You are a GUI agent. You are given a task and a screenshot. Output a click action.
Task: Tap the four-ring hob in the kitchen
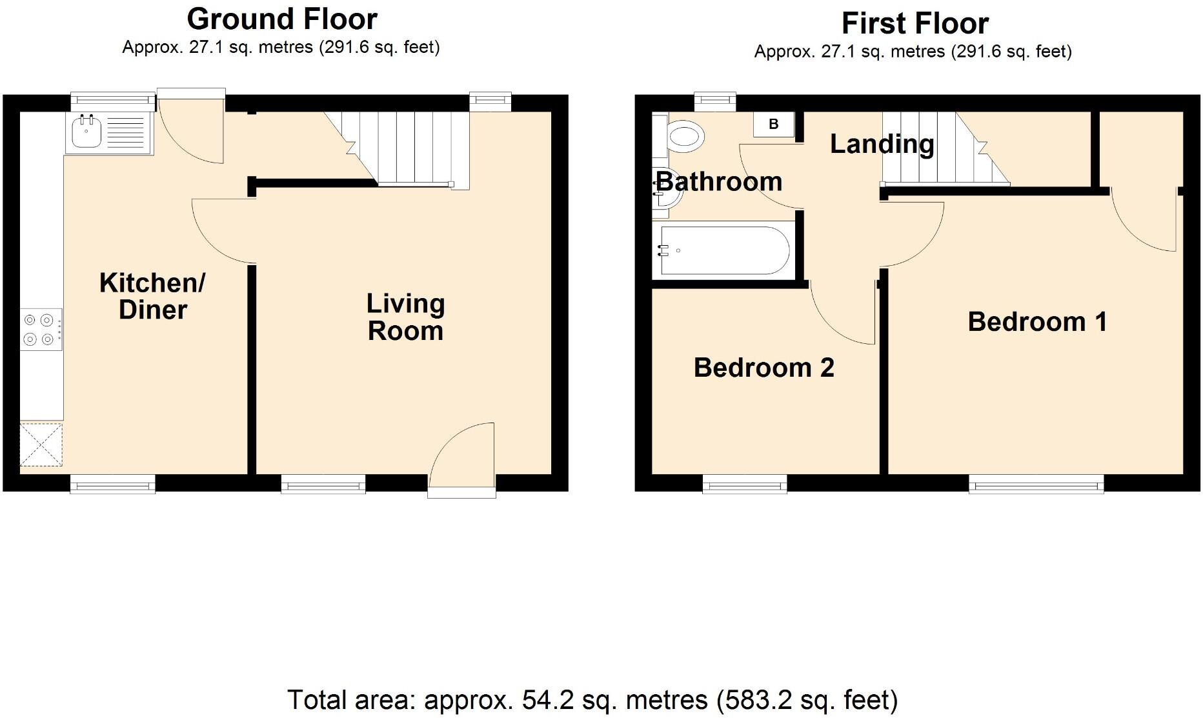pos(41,329)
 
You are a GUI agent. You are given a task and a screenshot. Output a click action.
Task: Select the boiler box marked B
pos(773,124)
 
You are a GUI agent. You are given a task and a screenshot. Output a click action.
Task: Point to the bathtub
pos(722,250)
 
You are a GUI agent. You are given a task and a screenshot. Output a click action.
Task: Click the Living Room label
pos(405,317)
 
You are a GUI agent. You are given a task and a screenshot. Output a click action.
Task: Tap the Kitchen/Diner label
pos(152,296)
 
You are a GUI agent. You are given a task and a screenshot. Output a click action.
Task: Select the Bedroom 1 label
pos(1037,321)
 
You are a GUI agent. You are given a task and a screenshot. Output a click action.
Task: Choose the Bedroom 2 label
pos(763,368)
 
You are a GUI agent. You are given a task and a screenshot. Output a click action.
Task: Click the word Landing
pos(882,144)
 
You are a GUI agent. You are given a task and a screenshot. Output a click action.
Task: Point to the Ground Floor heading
pos(282,19)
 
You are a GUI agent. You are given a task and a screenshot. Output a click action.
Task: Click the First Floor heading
pos(915,24)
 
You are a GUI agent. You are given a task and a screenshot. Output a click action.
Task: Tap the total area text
pos(592,700)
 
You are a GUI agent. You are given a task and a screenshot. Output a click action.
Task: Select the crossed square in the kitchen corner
pos(41,444)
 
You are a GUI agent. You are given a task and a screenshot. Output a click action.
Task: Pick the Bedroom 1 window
pos(1036,484)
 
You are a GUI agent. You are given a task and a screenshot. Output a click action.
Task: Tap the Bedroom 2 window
pos(745,484)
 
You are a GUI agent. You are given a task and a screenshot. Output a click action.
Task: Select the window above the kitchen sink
pos(113,100)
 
